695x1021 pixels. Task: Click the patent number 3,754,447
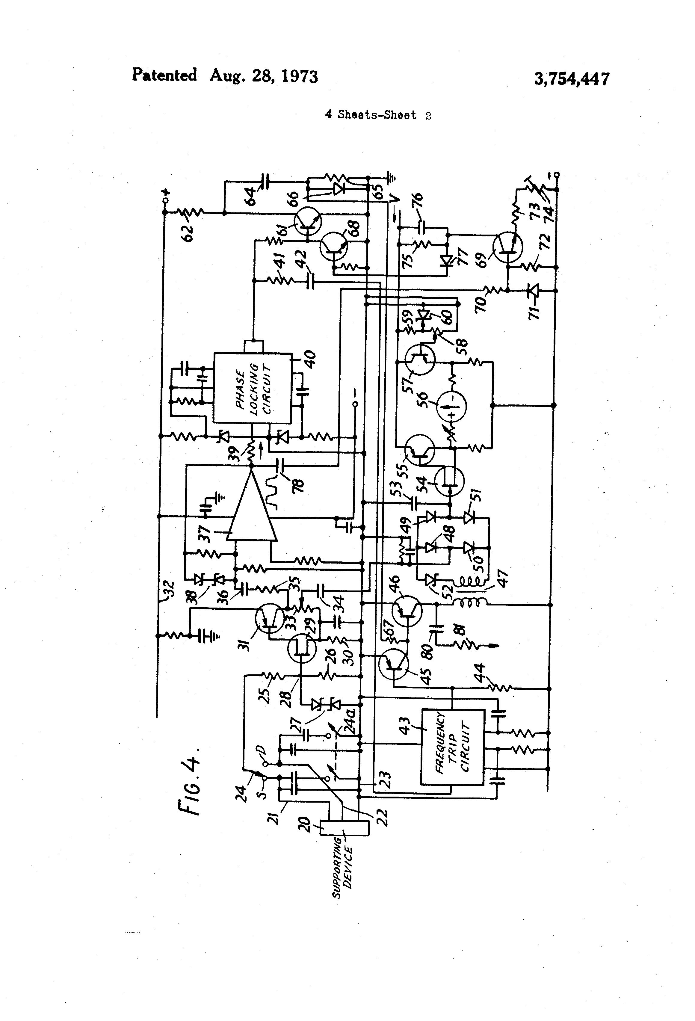(x=571, y=79)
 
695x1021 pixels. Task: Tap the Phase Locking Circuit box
(x=253, y=388)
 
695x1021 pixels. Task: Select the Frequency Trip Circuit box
(x=452, y=747)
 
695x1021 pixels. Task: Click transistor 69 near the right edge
(x=508, y=249)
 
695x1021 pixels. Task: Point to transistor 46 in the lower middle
(x=407, y=610)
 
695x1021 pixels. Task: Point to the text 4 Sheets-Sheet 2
(x=377, y=115)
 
